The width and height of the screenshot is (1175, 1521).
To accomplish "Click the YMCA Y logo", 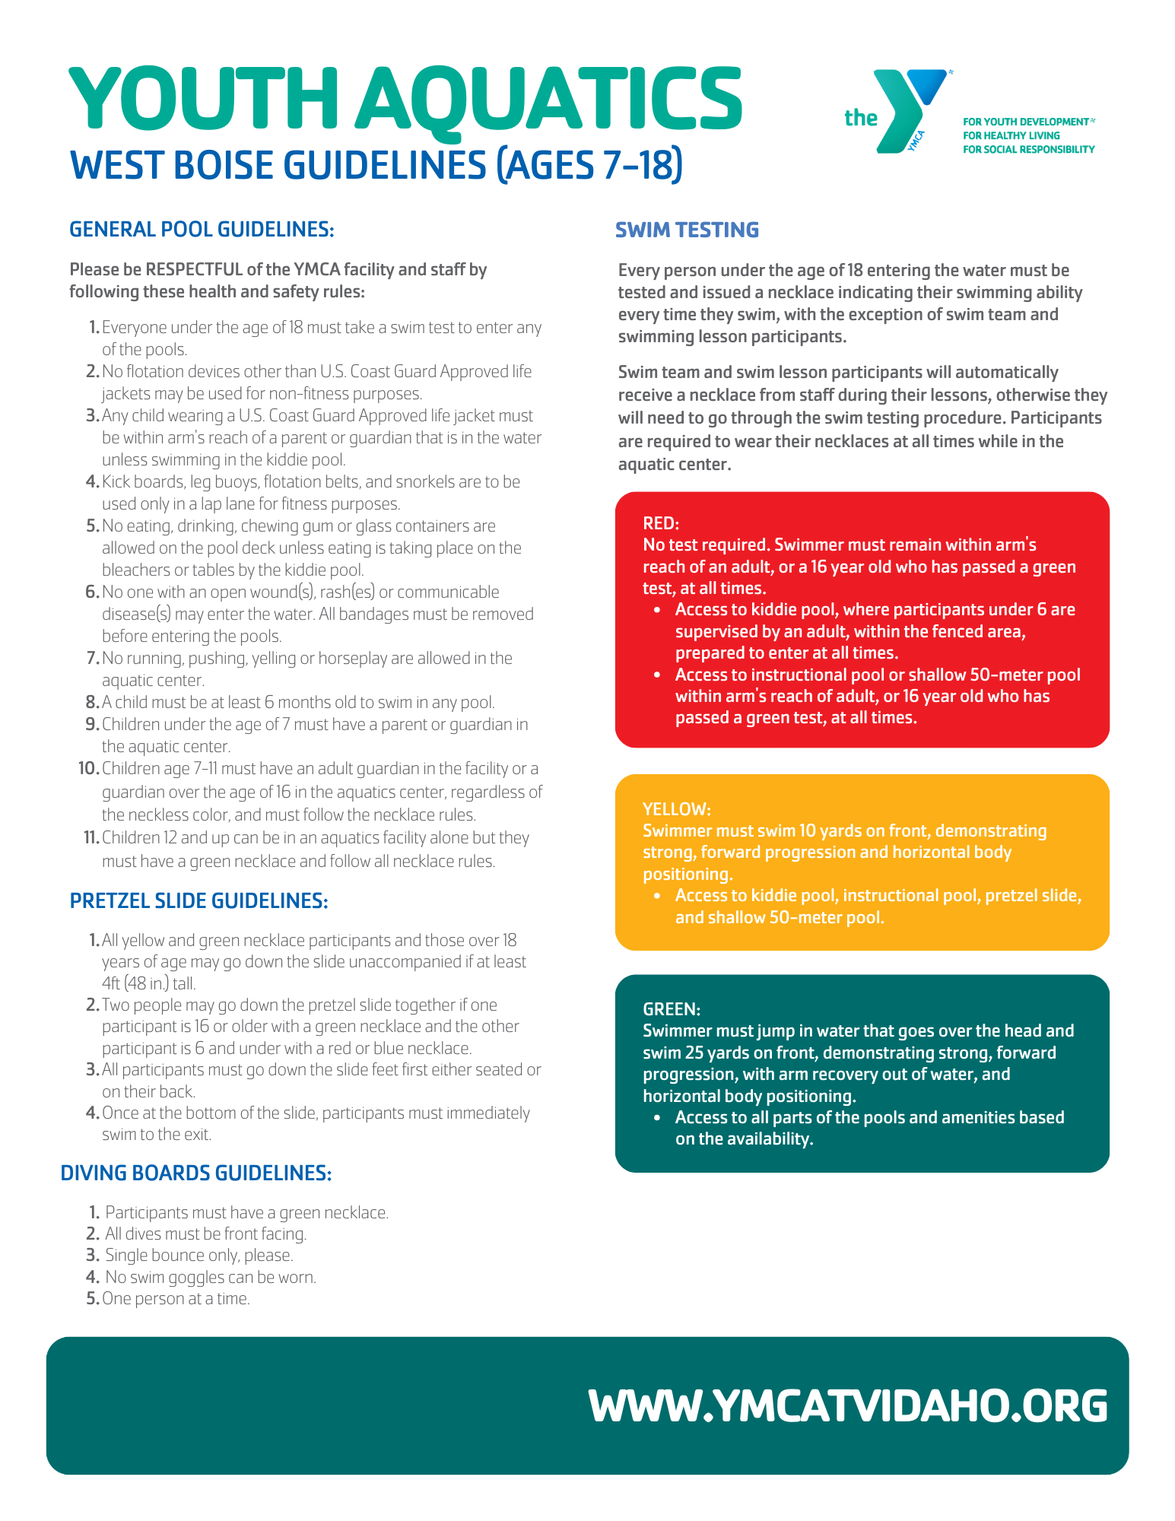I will point(909,110).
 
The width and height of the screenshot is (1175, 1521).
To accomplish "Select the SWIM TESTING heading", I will point(687,230).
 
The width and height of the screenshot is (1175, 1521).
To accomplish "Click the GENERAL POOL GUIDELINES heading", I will point(202,229).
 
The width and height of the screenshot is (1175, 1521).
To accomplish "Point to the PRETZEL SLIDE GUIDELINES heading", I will point(198,900).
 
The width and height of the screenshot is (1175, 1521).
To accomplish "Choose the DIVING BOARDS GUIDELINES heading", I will point(196,1173).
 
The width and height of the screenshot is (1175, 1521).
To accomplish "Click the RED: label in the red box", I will point(661,523).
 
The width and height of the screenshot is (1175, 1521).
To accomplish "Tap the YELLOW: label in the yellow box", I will point(677,809).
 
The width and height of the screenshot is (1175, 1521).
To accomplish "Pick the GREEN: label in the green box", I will point(672,1009).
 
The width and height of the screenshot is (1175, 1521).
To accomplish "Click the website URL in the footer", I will point(848,1405).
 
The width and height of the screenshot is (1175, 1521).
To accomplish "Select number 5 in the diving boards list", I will point(93,1298).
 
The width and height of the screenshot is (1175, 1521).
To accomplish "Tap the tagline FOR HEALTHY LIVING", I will point(1011,135).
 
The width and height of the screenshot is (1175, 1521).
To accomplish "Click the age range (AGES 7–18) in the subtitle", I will point(589,165).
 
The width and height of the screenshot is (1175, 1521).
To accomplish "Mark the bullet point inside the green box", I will point(657,1118).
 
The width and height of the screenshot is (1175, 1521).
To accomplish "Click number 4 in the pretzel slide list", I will point(93,1113).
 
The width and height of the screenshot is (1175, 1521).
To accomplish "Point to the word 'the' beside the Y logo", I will point(860,118).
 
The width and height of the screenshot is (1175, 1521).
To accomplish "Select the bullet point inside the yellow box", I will point(657,896).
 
